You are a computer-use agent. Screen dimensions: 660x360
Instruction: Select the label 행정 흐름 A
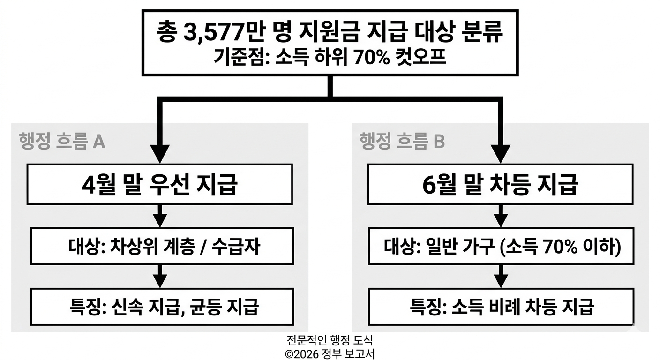[x=62, y=140]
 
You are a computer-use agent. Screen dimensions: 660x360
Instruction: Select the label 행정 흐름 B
[x=402, y=140]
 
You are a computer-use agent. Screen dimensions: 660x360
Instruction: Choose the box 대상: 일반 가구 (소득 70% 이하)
[x=501, y=246]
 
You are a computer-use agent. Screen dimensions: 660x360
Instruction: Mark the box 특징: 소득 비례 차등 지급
[x=501, y=307]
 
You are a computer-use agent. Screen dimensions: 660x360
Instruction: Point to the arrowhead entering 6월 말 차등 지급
[x=501, y=152]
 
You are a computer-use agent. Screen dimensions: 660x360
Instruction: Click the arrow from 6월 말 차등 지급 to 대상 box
[x=501, y=217]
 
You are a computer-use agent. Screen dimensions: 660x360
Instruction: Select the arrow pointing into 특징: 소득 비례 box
[x=501, y=277]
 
